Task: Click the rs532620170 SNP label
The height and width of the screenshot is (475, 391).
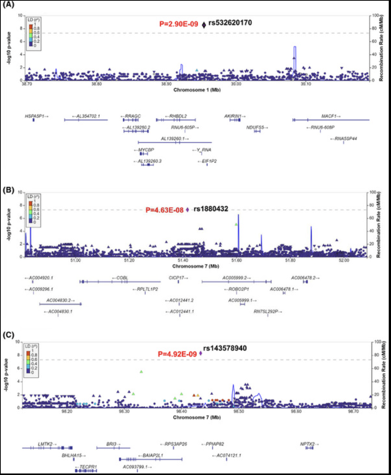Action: (x=230, y=23)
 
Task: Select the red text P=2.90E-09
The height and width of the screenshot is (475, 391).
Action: (x=178, y=24)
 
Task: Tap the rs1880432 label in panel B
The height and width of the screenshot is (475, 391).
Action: (x=211, y=209)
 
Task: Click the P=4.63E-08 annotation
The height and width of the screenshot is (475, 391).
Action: (x=164, y=210)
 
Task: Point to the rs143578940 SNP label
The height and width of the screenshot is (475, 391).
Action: (x=225, y=348)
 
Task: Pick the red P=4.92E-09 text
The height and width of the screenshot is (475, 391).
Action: (x=177, y=354)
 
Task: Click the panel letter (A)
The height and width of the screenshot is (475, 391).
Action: (x=9, y=5)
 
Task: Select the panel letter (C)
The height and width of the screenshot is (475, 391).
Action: (x=9, y=335)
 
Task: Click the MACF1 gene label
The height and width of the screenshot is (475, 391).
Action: (x=328, y=116)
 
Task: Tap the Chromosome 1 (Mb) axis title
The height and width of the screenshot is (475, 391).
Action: (x=197, y=90)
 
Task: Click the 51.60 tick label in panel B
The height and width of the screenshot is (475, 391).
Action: (x=236, y=260)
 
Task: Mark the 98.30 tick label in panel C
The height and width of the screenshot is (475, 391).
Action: (x=124, y=411)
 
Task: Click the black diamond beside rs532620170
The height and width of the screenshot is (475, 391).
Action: (x=204, y=25)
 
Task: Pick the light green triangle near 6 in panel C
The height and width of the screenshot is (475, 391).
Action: (x=141, y=371)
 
